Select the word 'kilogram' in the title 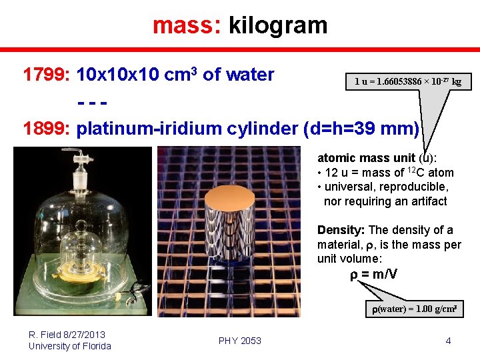[278, 25]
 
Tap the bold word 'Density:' [341, 230]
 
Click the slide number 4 [448, 341]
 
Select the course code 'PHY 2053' [240, 341]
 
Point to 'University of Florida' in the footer [70, 346]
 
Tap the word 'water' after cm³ [251, 75]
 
